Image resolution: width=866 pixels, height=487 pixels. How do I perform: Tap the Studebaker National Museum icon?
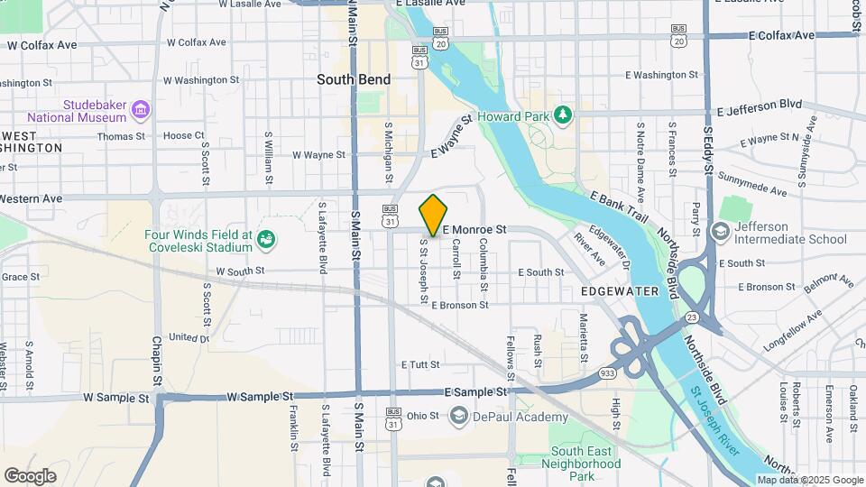click(x=140, y=111)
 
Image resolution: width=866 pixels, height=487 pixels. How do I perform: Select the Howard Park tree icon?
click(x=564, y=115)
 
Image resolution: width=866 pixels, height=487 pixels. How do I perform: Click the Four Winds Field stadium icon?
click(x=266, y=239)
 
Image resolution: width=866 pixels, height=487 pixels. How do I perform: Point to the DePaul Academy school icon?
click(x=459, y=416)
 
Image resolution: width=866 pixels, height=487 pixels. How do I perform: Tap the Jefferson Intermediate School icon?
click(x=721, y=232)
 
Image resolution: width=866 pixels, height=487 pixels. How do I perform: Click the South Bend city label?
click(x=354, y=79)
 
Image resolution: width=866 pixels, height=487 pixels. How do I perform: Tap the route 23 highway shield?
click(x=691, y=317)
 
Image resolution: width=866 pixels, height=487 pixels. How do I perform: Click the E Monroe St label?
click(x=474, y=231)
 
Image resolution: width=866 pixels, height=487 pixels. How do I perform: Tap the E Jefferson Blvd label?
click(x=760, y=106)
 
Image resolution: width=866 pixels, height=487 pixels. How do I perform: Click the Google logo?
click(x=30, y=475)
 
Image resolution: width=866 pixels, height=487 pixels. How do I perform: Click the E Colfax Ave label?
click(x=781, y=35)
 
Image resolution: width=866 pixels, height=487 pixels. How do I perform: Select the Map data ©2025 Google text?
click(x=809, y=480)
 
